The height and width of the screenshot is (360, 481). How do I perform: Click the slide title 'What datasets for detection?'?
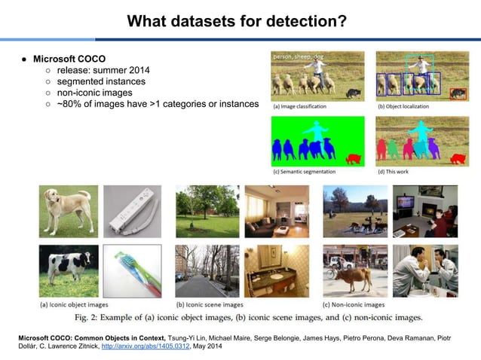[240, 21]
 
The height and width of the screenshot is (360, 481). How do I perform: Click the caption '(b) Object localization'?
[403, 106]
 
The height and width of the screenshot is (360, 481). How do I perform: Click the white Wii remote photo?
[132, 212]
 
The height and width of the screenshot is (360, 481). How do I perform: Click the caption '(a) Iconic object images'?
[74, 305]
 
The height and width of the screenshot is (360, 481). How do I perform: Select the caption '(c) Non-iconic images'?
[354, 304]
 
